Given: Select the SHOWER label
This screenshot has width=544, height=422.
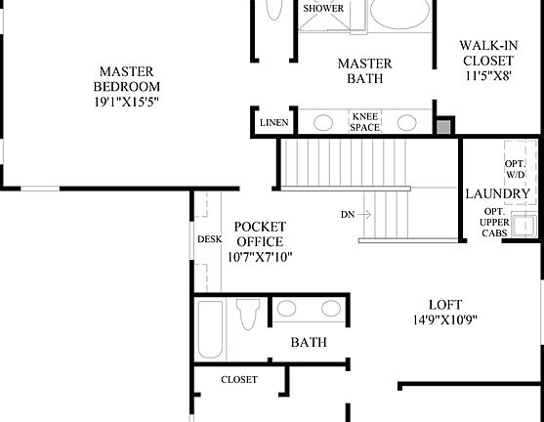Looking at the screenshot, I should pyautogui.click(x=323, y=9).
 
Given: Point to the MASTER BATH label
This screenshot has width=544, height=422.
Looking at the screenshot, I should pyautogui.click(x=364, y=71).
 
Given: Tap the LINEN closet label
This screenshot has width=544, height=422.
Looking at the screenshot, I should pyautogui.click(x=273, y=123).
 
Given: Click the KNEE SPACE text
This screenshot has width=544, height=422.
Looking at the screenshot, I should pyautogui.click(x=365, y=122).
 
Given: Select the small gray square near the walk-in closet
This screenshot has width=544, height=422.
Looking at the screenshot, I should pyautogui.click(x=444, y=125).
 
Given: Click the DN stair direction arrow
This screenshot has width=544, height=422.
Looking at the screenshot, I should pyautogui.click(x=356, y=213).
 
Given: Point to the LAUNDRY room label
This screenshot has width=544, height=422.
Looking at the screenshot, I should pyautogui.click(x=497, y=193).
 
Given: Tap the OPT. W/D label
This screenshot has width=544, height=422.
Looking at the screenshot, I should pyautogui.click(x=515, y=167).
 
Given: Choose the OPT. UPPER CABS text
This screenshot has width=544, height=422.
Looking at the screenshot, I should pyautogui.click(x=494, y=225).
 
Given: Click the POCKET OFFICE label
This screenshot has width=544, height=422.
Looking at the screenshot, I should pyautogui.click(x=260, y=234).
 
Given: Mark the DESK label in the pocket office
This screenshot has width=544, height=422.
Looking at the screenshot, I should pyautogui.click(x=209, y=238).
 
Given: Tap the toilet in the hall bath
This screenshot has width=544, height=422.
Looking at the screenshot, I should pyautogui.click(x=248, y=318).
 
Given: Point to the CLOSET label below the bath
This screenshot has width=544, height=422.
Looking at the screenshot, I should pyautogui.click(x=239, y=379).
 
